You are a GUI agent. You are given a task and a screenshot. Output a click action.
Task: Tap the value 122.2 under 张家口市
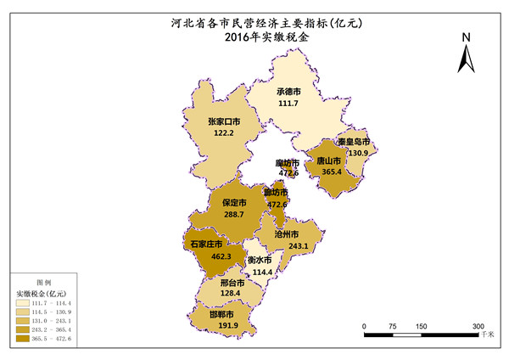click(223, 133)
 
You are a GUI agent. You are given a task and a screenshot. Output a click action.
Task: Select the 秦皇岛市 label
click(352, 142)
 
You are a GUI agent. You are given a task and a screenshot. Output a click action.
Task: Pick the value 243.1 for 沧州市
click(299, 245)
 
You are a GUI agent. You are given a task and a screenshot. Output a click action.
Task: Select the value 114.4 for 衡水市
click(264, 272)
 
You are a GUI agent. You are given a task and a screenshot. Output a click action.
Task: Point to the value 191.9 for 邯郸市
click(227, 325)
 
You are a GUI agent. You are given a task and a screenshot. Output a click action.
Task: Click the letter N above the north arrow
click(466, 38)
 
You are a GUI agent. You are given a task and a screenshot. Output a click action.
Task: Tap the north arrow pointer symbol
click(466, 59)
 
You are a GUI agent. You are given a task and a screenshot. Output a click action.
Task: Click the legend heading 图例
click(43, 281)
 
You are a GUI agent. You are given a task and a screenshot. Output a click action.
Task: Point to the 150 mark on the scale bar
click(421, 326)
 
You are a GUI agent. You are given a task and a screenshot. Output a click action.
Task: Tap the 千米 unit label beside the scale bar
click(487, 336)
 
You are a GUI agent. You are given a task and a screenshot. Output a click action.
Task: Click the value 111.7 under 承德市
click(288, 103)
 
